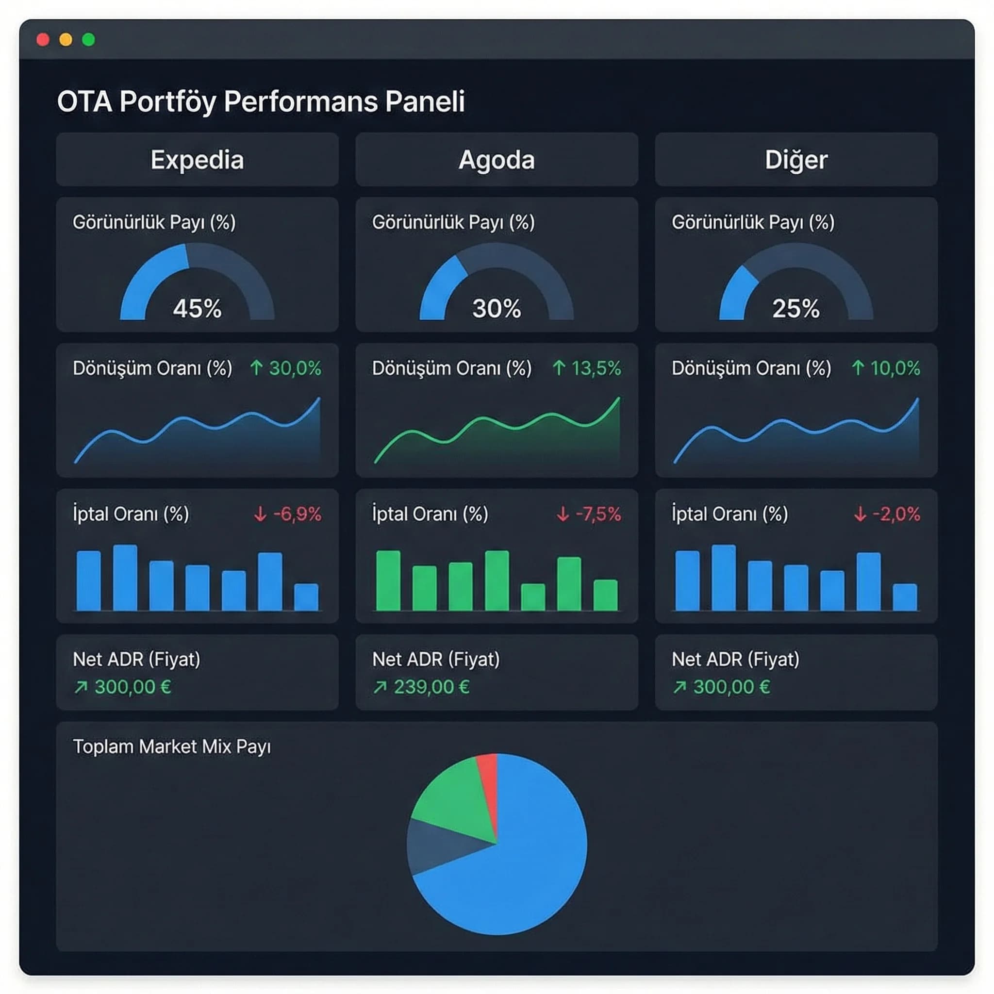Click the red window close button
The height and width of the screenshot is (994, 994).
click(x=43, y=40)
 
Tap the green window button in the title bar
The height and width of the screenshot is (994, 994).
click(x=88, y=40)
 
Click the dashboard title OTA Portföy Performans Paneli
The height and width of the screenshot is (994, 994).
click(x=261, y=101)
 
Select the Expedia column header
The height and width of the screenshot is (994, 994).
click(x=197, y=160)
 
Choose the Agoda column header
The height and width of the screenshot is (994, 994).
click(x=497, y=160)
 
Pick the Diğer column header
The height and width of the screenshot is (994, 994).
click(x=796, y=160)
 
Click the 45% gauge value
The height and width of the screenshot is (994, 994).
click(x=197, y=309)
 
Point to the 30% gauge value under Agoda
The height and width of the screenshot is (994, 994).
click(x=497, y=309)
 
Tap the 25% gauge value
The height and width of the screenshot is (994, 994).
click(x=795, y=309)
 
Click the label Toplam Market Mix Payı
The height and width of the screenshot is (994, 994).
click(x=172, y=746)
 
